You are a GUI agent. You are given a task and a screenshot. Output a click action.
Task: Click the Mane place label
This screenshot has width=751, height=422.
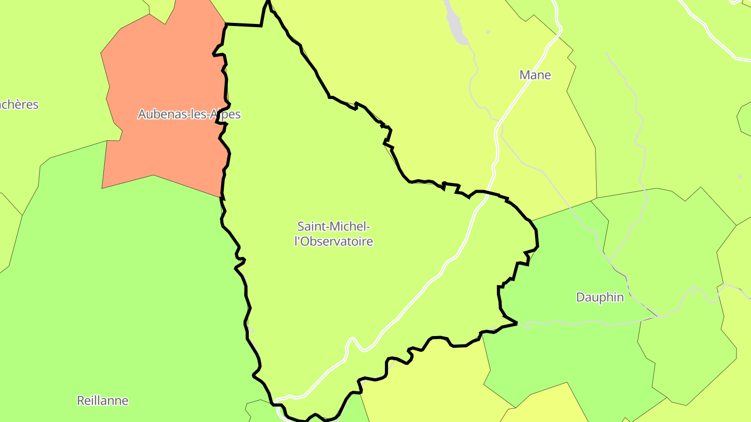coord(535,75)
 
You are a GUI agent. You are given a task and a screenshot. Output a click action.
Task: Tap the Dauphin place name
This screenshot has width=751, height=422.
coord(600,297)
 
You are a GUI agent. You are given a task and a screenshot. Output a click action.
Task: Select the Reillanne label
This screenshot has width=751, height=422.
coord(102,401)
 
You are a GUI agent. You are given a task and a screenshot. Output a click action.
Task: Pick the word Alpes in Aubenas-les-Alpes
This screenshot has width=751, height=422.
coord(225,114)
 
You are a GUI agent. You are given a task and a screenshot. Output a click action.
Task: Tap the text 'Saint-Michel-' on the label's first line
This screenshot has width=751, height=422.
coord(334,226)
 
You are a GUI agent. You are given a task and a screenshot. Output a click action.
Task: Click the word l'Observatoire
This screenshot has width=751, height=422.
coord(334,242)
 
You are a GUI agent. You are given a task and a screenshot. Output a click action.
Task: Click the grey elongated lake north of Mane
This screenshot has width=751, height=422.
coord(454,23)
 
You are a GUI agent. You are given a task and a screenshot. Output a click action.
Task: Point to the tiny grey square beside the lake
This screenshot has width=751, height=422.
coord(488,32)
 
